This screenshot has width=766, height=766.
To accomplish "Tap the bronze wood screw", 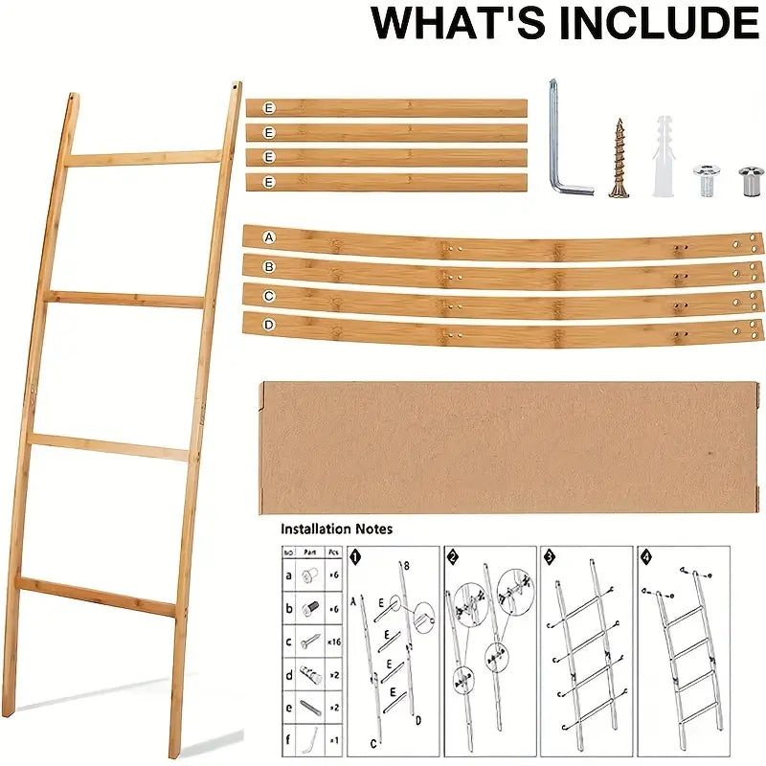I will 619,158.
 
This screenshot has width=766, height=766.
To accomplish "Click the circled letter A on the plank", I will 269,237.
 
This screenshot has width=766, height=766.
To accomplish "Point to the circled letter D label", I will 269,325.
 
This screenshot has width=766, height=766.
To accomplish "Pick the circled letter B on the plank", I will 269,266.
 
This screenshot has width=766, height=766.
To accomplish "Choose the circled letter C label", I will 269,295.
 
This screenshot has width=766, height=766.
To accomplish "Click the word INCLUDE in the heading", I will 637,23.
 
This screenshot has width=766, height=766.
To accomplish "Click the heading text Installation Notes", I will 336,529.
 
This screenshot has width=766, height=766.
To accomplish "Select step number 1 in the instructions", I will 356,555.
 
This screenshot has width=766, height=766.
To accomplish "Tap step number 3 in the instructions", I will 550,555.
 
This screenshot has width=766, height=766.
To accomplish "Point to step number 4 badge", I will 646,555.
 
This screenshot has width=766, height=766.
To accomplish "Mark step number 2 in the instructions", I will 453,555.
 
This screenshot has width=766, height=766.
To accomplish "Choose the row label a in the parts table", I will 288,576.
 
